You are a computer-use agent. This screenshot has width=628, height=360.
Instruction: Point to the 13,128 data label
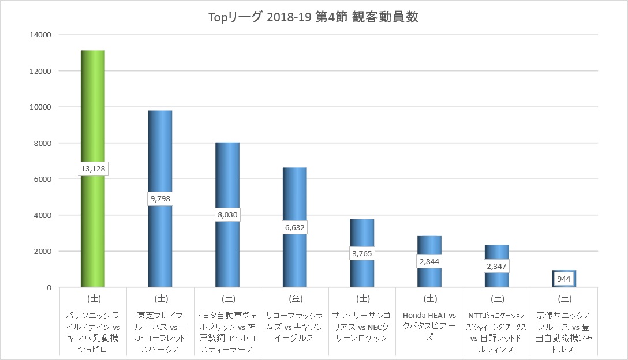click(93, 168)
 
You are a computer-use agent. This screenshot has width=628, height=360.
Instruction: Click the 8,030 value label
click(227, 215)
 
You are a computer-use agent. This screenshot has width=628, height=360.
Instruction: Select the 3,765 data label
click(362, 253)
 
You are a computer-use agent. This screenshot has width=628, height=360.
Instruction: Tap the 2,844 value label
click(429, 261)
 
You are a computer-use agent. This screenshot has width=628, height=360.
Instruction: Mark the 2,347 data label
click(496, 266)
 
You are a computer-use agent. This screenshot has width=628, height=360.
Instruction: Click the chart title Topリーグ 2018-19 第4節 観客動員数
click(313, 17)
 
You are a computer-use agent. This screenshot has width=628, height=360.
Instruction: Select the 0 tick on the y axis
click(49, 287)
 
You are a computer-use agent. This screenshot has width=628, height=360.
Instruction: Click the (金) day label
click(295, 299)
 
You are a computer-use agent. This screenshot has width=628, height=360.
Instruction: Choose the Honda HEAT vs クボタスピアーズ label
click(429, 327)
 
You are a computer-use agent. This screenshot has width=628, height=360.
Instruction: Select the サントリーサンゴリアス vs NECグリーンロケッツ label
click(362, 327)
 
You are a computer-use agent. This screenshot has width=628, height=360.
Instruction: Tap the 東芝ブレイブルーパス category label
click(160, 332)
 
